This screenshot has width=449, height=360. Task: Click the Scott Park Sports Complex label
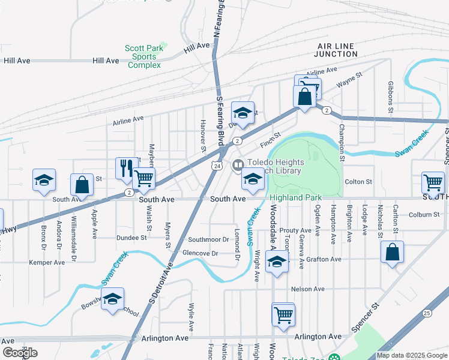click(143, 56)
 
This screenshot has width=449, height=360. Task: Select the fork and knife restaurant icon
click(126, 168)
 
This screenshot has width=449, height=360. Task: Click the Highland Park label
click(295, 197)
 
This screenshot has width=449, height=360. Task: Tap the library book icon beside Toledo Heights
click(238, 164)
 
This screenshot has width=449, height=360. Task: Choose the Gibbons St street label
click(390, 98)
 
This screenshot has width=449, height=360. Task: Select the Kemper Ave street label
click(47, 262)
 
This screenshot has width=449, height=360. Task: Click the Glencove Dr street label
click(200, 253)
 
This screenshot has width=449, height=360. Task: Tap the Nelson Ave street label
click(307, 289)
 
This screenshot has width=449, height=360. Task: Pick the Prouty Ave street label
click(295, 230)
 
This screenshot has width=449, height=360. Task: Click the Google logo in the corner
click(20, 352)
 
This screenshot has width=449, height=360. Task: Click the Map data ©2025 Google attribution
click(411, 355)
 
